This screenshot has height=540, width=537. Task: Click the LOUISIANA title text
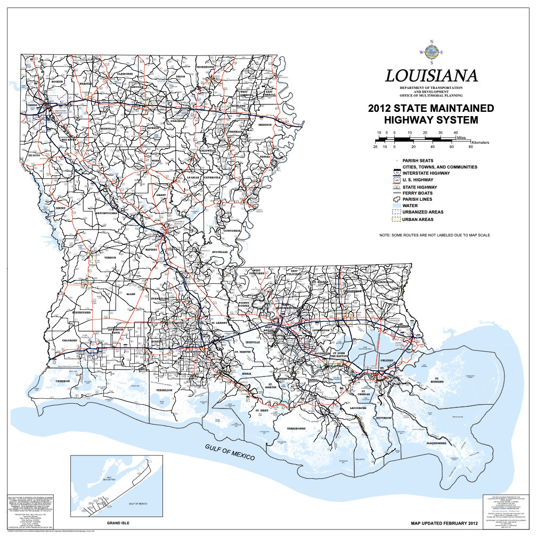(x=431, y=76)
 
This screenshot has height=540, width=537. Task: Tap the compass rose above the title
(x=431, y=52)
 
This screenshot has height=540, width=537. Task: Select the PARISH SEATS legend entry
(x=418, y=160)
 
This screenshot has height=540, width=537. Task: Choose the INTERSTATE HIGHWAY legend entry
(x=426, y=173)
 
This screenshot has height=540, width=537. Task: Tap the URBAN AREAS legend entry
(x=418, y=219)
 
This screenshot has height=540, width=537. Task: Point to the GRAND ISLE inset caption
(x=118, y=523)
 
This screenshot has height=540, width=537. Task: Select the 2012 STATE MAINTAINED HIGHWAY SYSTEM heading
(x=431, y=114)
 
